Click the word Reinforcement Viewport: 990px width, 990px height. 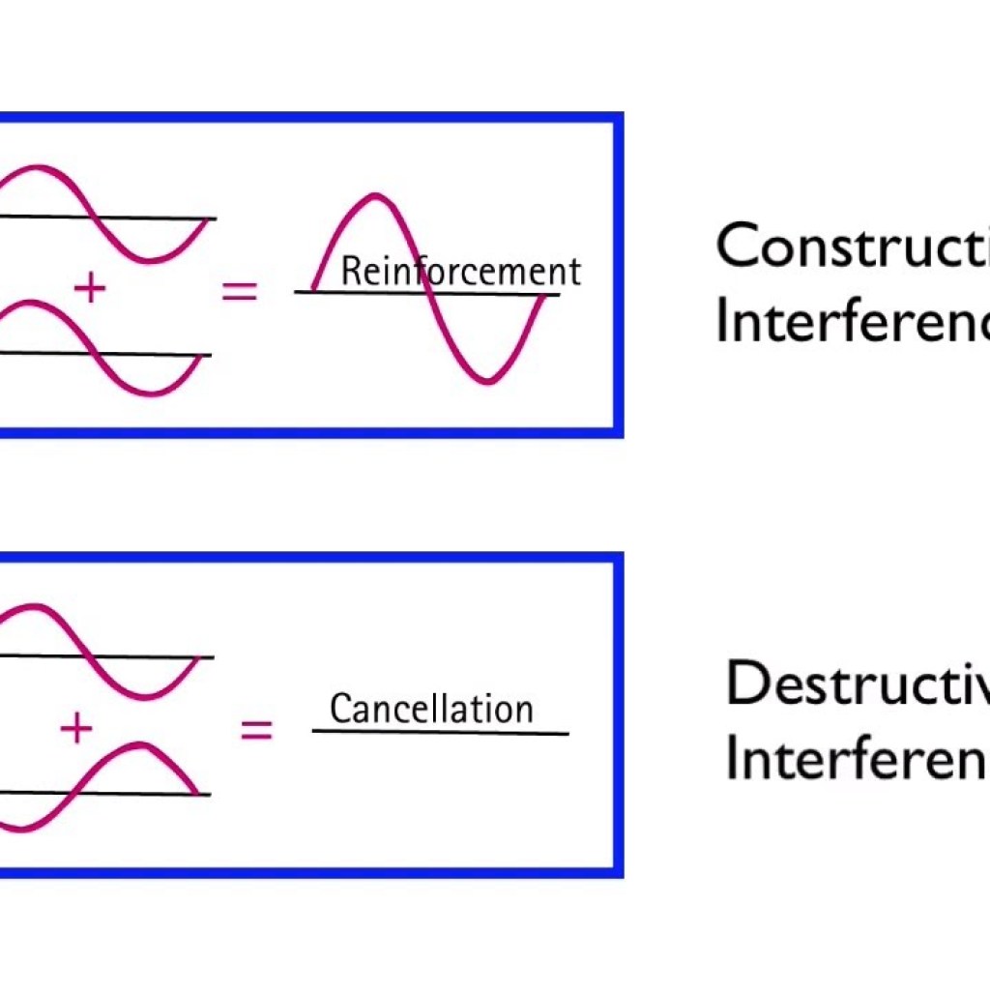pos(461,272)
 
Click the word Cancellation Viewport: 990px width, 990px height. pos(431,709)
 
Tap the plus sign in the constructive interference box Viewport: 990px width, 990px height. pos(89,288)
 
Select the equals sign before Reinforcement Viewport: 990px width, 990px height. pos(240,290)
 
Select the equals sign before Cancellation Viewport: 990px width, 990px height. pos(256,729)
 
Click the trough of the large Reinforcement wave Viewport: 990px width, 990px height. pos(488,381)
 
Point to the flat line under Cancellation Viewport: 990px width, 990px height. pos(440,732)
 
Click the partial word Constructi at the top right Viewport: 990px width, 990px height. pos(851,247)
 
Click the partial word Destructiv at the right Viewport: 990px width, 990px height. pos(857,684)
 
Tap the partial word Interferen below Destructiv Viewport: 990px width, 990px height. pos(857,759)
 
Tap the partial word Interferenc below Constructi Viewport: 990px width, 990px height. pos(851,321)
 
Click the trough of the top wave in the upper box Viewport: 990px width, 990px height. pos(150,260)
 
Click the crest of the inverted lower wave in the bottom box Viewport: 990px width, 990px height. pos(140,745)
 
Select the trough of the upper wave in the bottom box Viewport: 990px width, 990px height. pos(145,694)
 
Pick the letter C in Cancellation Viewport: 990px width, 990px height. pos(339,709)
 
